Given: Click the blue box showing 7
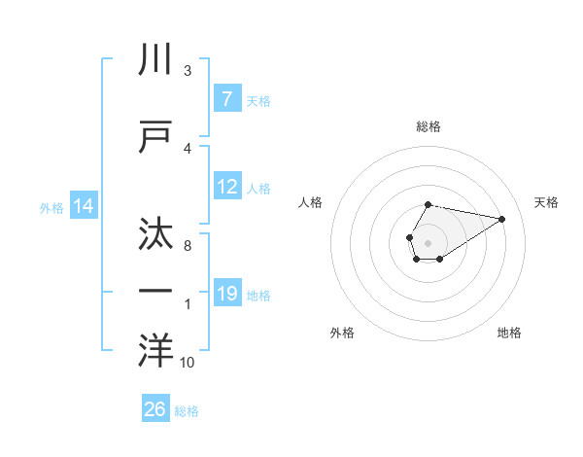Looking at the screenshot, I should (x=226, y=99).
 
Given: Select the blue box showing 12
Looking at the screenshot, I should (x=227, y=188).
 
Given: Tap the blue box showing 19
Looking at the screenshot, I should (x=227, y=294).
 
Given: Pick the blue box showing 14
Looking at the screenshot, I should (x=83, y=206).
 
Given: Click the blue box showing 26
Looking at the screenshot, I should (x=155, y=409).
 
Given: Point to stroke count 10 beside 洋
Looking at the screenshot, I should (x=187, y=363).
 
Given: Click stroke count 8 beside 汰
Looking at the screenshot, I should (x=188, y=246).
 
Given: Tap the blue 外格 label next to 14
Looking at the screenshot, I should (x=51, y=207).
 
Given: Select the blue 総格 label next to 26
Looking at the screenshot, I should (x=187, y=410).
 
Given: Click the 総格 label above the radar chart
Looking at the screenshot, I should (x=428, y=126).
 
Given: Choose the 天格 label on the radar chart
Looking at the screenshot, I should (x=547, y=202).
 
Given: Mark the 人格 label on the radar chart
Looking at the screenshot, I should (x=311, y=202).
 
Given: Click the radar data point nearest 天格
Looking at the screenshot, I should (x=501, y=218).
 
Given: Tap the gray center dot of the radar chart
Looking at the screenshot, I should (x=428, y=242).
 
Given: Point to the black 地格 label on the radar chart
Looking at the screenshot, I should (x=509, y=333).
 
